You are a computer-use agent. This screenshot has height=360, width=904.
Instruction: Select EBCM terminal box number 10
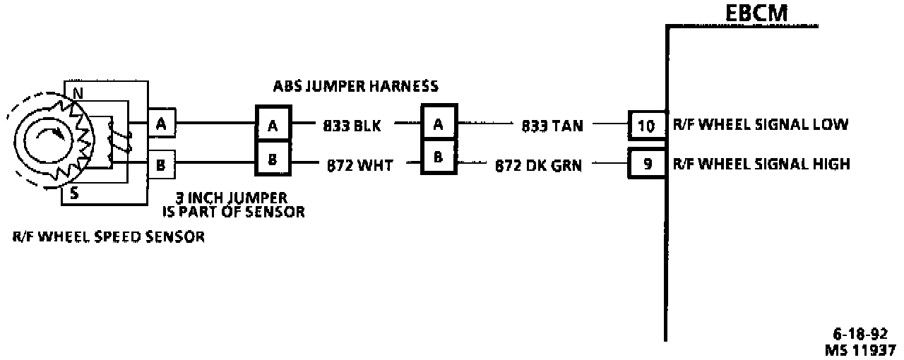point(646,126)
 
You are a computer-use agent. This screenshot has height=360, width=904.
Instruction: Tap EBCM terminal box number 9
point(646,164)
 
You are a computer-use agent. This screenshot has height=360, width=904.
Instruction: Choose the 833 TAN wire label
point(552,126)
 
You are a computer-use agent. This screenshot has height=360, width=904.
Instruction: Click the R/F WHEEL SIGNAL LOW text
point(760,125)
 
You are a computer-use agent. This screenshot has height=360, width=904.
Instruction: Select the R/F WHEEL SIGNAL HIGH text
point(761,164)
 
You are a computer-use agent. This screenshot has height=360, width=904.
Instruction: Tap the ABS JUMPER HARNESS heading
point(356,86)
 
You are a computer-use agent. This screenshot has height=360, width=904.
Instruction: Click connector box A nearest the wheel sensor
point(161,124)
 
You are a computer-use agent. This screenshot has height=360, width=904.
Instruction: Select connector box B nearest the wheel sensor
point(161,166)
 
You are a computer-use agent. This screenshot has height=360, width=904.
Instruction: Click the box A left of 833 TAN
point(439,123)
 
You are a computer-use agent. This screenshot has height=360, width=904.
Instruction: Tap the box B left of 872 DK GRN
point(439,157)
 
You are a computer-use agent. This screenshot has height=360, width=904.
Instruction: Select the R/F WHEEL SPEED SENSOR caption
point(108,237)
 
